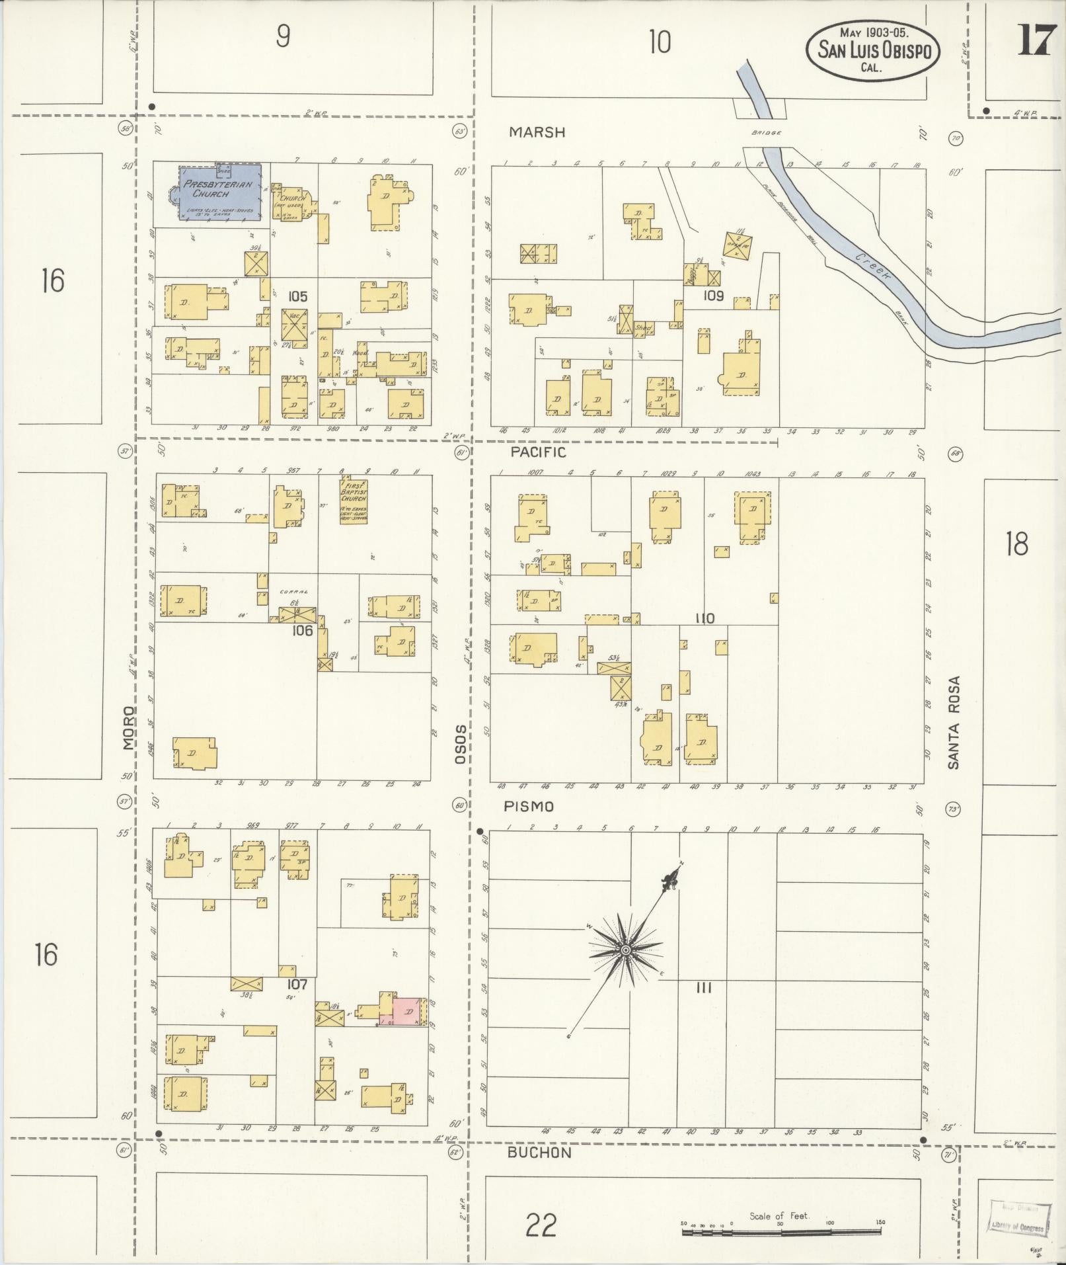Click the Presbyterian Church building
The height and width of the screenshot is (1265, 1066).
point(220,191)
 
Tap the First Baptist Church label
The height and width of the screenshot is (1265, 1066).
point(353,499)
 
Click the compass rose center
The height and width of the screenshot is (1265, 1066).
point(624,950)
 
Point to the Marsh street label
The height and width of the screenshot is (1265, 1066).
point(537,132)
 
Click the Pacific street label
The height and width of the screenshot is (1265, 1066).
point(539,452)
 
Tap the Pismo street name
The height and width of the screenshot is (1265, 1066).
point(528,807)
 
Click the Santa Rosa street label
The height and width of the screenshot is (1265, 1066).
point(953,722)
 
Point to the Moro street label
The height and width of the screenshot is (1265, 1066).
point(129,727)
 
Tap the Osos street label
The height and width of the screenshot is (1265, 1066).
point(461,743)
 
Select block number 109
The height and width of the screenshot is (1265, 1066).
point(713,296)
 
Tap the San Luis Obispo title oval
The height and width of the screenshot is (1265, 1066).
point(873,50)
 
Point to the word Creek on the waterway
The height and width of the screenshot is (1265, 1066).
point(872,266)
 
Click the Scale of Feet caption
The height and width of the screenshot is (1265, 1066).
point(779,1215)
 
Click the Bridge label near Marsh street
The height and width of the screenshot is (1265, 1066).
point(766,133)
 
